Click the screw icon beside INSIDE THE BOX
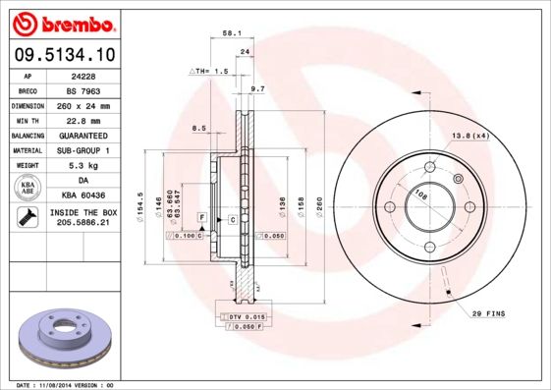point(28,217)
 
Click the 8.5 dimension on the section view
point(198,128)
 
